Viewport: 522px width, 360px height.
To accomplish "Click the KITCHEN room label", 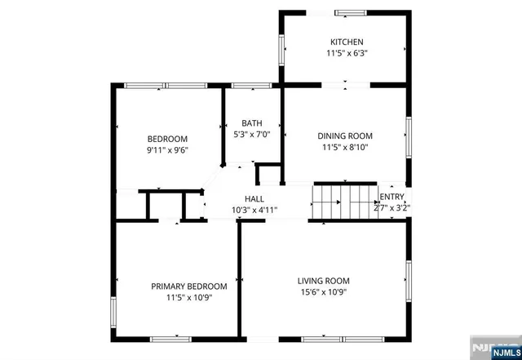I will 347,42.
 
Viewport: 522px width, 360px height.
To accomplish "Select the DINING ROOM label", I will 345,136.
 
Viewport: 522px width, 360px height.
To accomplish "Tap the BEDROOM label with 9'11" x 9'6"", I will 167,138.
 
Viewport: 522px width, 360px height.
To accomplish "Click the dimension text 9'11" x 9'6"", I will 167,151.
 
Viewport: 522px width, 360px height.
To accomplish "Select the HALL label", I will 254,198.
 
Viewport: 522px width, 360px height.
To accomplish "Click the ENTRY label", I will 392,197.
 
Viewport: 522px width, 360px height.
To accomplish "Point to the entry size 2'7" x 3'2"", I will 392,208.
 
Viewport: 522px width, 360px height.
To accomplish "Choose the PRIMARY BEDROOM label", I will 189,287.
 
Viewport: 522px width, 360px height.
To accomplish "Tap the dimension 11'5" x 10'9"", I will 189,299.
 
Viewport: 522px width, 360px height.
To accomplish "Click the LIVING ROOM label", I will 323,281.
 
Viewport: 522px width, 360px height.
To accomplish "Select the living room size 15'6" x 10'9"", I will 323,294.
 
